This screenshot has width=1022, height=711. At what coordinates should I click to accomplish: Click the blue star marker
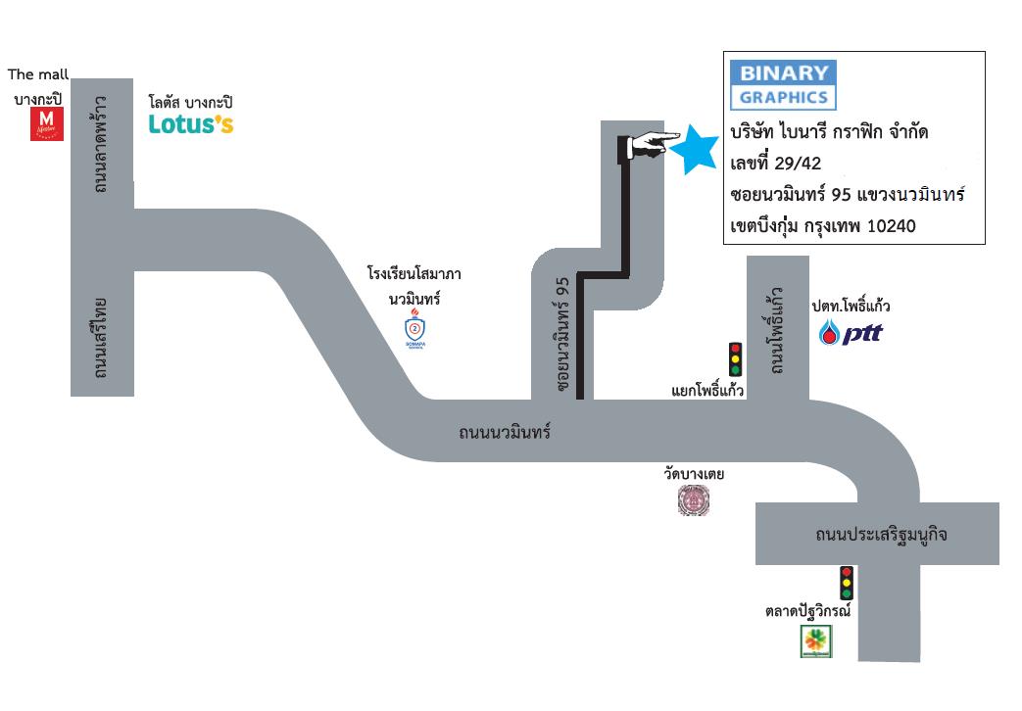(694, 150)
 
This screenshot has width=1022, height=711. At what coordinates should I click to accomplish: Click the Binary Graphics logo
(783, 85)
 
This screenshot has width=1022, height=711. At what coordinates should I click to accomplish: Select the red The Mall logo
(47, 123)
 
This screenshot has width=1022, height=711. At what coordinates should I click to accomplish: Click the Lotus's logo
(191, 123)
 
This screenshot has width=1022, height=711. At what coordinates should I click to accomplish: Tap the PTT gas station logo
(851, 333)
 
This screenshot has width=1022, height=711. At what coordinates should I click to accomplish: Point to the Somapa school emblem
(414, 328)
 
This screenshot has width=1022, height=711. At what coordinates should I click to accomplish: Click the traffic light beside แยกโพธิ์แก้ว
(735, 359)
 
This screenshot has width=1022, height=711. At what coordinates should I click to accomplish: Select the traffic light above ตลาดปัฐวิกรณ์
(846, 583)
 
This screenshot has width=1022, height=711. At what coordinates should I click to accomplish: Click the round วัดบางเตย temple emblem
(694, 500)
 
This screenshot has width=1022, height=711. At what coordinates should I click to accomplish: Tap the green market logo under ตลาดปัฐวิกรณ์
(816, 641)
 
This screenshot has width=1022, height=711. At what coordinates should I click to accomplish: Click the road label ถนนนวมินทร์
(505, 432)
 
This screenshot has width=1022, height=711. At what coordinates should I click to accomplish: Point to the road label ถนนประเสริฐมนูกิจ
(881, 535)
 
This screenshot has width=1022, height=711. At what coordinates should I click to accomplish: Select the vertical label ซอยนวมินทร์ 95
(562, 334)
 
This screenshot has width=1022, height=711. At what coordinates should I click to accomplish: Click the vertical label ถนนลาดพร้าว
(101, 144)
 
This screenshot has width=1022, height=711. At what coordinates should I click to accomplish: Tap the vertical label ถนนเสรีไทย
(100, 338)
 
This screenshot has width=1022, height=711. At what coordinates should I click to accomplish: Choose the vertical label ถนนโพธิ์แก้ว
(776, 330)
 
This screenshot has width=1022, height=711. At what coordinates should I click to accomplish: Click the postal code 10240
(892, 226)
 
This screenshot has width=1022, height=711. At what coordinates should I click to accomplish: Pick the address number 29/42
(798, 163)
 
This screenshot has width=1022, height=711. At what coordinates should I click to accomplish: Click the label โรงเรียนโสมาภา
(414, 273)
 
